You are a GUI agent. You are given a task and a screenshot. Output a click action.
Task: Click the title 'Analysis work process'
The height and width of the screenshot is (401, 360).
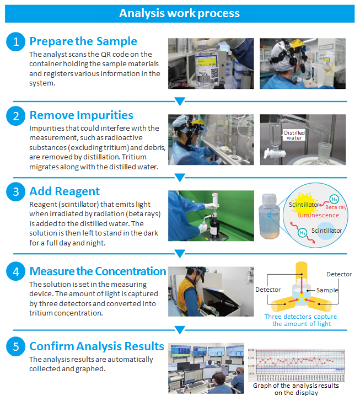[x=180, y=13]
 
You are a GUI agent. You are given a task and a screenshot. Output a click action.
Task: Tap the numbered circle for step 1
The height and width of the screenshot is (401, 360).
[x=15, y=42]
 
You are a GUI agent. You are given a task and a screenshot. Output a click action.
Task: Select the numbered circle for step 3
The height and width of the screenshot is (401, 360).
[x=15, y=191]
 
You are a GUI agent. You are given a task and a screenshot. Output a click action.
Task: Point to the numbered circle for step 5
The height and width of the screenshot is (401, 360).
[x=15, y=346]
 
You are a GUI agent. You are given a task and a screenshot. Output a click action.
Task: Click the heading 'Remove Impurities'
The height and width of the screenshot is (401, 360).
[x=81, y=115]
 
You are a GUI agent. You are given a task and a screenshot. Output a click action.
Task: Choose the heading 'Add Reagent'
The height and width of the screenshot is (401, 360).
[x=65, y=191]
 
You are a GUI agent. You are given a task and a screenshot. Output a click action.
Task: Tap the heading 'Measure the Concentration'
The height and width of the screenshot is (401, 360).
[x=98, y=271]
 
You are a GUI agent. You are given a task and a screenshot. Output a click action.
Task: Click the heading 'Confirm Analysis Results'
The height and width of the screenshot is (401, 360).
[x=96, y=346]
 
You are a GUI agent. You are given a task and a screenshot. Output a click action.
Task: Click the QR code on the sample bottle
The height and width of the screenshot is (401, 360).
[x=214, y=74]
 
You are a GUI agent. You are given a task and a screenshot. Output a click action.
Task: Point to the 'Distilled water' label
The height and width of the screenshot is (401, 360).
[x=294, y=135]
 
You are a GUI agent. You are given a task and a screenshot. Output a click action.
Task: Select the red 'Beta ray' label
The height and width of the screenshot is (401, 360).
[x=336, y=207]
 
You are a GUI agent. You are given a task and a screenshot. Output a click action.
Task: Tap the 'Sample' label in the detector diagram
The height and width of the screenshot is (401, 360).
[x=327, y=290]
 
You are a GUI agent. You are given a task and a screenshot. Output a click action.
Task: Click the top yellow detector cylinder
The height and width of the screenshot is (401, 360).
[x=302, y=271]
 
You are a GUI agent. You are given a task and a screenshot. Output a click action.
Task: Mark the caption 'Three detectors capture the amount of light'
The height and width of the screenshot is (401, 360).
[x=301, y=320]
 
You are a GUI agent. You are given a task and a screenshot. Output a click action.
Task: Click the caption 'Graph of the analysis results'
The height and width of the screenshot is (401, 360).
[x=296, y=386]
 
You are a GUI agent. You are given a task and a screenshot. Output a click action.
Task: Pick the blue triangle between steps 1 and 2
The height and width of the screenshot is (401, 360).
[x=180, y=101]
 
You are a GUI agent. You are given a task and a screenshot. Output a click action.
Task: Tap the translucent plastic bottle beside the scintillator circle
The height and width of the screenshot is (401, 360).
[x=270, y=216]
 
